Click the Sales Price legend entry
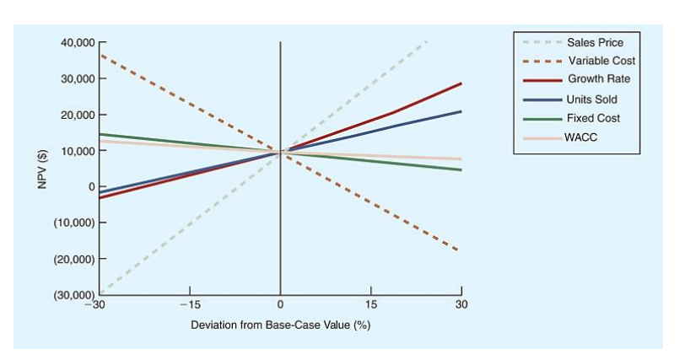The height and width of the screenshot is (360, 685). (x=595, y=42)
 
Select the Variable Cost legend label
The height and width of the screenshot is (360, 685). (x=601, y=61)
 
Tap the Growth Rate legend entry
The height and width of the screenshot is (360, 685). (x=598, y=79)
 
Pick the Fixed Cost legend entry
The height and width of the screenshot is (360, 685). (x=593, y=118)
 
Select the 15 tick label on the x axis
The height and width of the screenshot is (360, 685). (x=370, y=304)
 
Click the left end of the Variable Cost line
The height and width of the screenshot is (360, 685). (x=100, y=55)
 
